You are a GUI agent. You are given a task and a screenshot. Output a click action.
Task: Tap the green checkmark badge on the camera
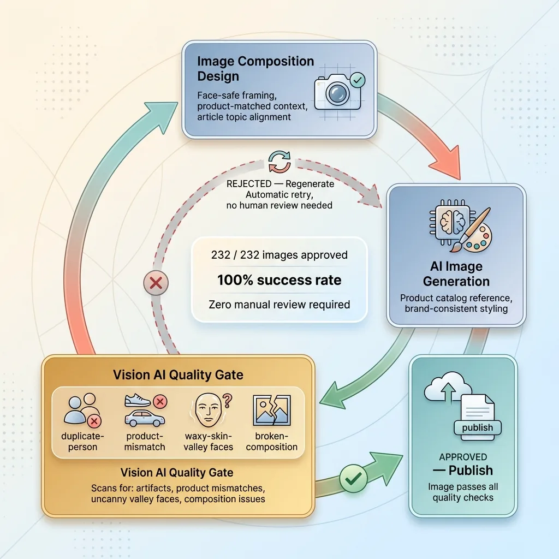pyautogui.click(x=357, y=80)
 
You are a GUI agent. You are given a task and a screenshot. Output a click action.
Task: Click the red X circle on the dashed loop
pyautogui.click(x=156, y=283)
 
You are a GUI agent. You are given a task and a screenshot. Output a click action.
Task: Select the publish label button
pyautogui.click(x=477, y=427)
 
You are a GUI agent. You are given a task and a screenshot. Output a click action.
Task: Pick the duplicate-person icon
pyautogui.click(x=82, y=411)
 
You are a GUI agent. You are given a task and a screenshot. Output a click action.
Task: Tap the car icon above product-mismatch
pyautogui.click(x=145, y=419)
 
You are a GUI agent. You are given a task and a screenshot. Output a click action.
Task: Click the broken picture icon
pyautogui.click(x=272, y=411)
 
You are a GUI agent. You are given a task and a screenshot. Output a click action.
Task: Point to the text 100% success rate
pyautogui.click(x=279, y=280)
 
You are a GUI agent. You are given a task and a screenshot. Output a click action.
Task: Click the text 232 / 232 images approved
pyautogui.click(x=279, y=255)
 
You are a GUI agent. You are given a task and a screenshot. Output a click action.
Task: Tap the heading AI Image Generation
pyautogui.click(x=456, y=274)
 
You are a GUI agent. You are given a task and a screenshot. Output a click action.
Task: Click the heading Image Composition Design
pyautogui.click(x=255, y=68)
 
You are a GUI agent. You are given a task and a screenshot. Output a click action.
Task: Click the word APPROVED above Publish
pyautogui.click(x=463, y=457)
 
